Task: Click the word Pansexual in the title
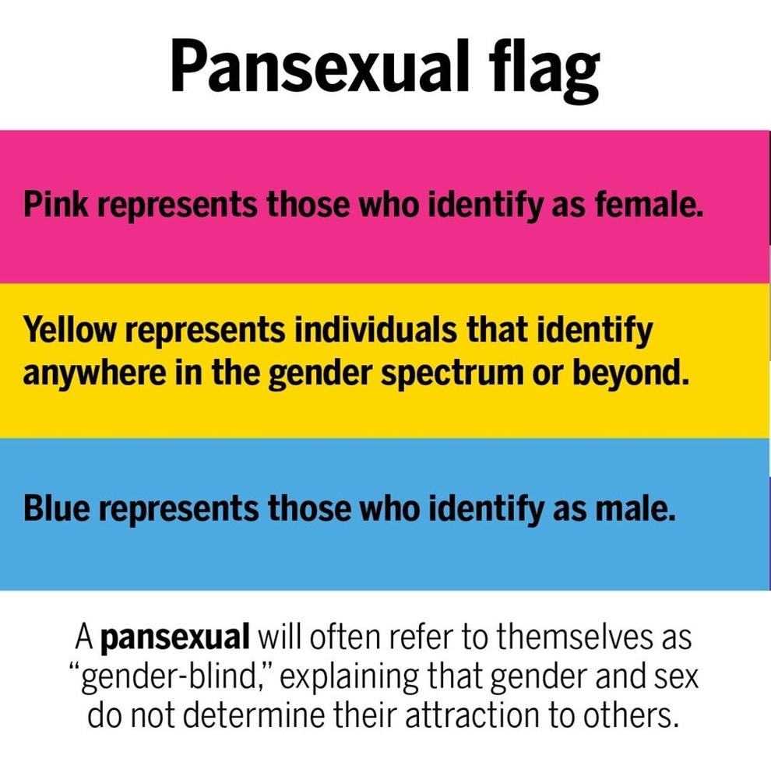319,66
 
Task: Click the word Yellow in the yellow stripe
69,330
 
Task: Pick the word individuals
375,330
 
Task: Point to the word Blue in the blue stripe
57,507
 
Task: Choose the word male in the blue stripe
635,507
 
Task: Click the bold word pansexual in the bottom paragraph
175,638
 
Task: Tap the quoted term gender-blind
173,678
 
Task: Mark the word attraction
473,715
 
